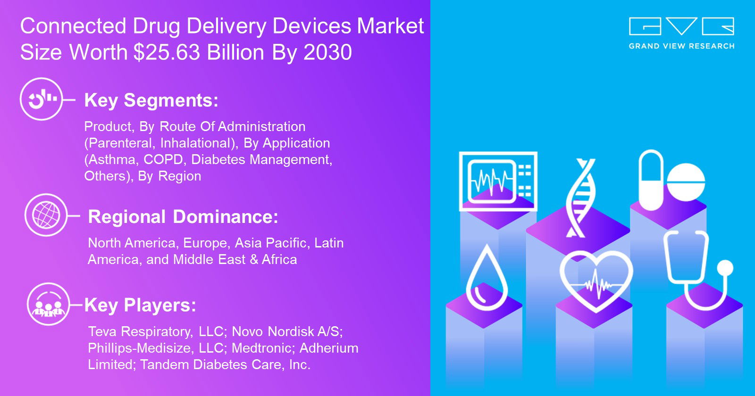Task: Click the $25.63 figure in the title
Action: tap(167, 52)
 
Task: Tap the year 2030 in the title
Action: tap(327, 52)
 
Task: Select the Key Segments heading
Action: tap(151, 100)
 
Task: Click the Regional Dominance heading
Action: tap(183, 216)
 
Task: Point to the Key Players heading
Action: tap(140, 305)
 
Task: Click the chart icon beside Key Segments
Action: tap(42, 99)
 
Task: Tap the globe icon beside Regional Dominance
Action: tap(46, 215)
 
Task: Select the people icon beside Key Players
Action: tap(48, 304)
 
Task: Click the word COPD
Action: tap(163, 160)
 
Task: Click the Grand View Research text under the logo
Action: tap(681, 46)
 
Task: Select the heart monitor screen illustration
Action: tap(498, 181)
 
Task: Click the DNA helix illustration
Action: tap(580, 198)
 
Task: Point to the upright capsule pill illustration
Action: tap(651, 180)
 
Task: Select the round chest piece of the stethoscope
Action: tap(725, 268)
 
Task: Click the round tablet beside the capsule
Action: tap(686, 182)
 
